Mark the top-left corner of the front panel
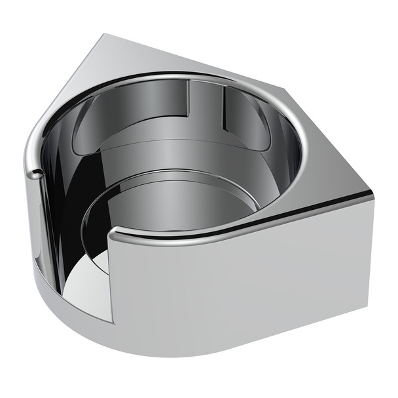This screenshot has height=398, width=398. [x=116, y=231]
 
